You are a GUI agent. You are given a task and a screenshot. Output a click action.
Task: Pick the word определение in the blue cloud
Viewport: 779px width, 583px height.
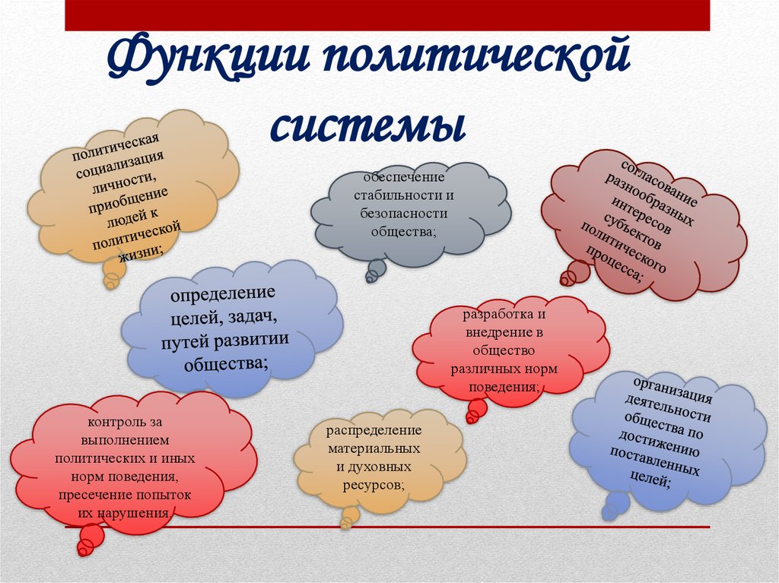pos(223,293)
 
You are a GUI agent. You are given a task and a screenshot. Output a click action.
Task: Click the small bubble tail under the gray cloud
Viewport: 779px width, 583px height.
pos(375,270)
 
